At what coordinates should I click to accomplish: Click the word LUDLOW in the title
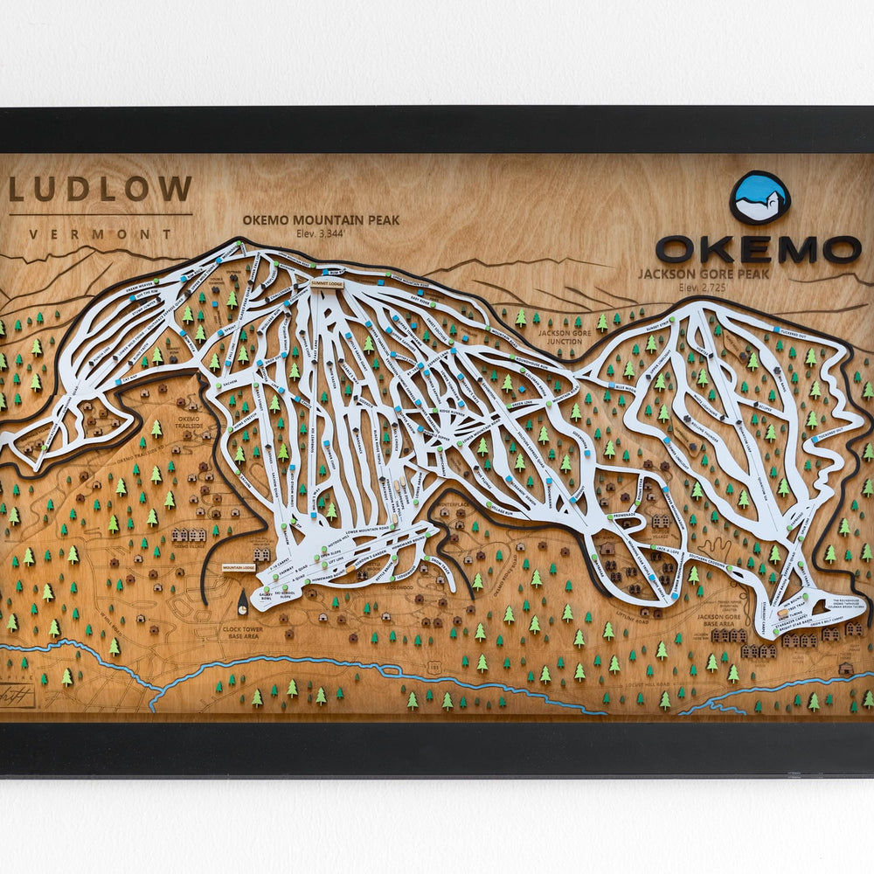click(101, 190)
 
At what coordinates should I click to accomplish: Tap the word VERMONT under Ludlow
click(101, 234)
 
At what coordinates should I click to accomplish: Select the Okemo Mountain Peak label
click(321, 220)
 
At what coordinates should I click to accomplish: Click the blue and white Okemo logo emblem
click(759, 198)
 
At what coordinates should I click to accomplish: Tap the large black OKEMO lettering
click(758, 249)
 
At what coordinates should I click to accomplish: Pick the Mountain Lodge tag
click(238, 568)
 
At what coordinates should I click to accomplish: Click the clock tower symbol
click(242, 600)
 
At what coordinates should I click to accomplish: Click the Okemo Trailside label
click(189, 424)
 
